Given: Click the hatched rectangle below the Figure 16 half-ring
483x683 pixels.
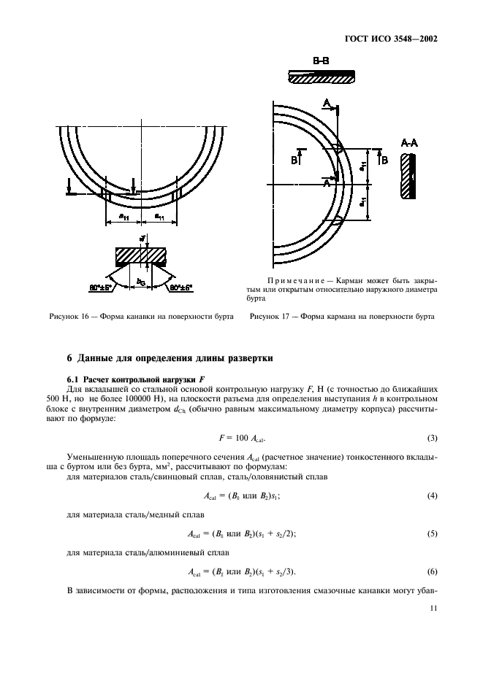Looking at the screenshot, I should [x=141, y=256].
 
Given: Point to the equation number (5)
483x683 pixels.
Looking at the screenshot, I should [x=431, y=533].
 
